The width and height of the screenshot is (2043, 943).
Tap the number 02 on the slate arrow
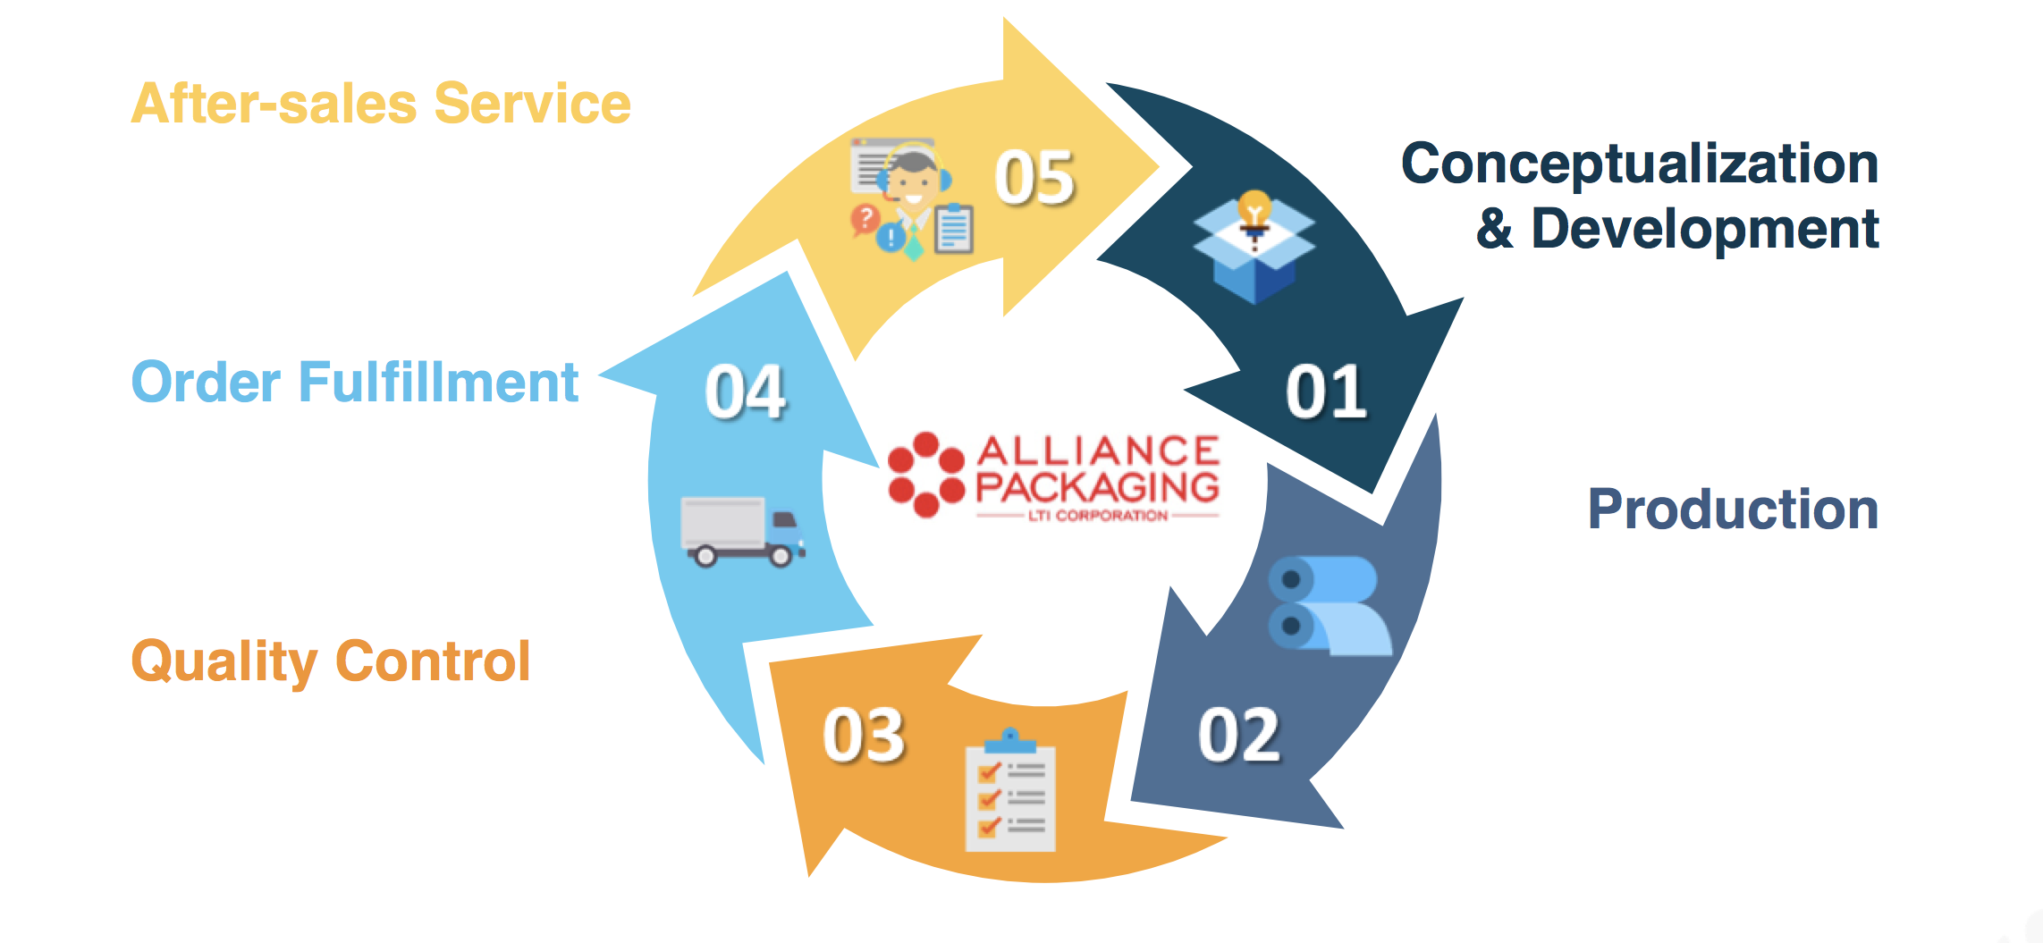(1239, 735)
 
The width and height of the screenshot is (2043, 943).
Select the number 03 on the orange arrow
(864, 735)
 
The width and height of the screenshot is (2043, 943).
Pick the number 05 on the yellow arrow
(1034, 178)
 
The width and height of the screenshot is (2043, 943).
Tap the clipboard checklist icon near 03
(1010, 792)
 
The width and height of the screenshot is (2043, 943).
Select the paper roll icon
(1329, 605)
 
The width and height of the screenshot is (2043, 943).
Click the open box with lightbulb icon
(1254, 246)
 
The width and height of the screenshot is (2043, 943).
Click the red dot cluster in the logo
(926, 475)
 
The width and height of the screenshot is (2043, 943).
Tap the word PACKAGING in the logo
(1097, 487)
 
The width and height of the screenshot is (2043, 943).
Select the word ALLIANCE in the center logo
(1098, 450)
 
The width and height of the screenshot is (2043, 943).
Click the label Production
(1733, 509)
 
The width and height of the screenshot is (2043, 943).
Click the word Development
(1704, 229)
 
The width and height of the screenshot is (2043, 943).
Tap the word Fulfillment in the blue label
(438, 383)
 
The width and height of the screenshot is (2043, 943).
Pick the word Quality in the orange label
(224, 662)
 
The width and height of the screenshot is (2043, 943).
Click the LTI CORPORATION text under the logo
(1098, 516)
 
